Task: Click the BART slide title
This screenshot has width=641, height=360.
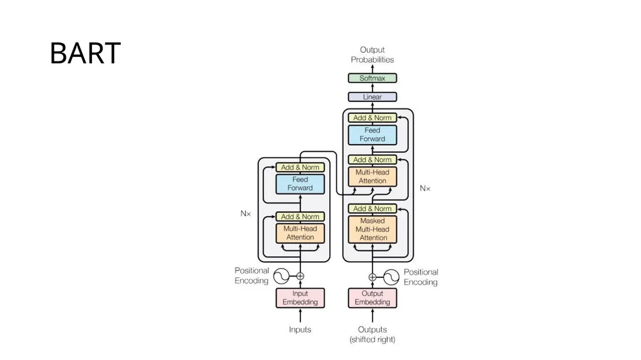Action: click(x=85, y=53)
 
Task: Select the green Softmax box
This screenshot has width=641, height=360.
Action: click(x=372, y=78)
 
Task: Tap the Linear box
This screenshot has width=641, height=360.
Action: click(x=372, y=97)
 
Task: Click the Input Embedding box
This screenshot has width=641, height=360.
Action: click(x=300, y=298)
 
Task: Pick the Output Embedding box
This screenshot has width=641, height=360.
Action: click(x=372, y=298)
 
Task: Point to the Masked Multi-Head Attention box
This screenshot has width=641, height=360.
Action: click(x=372, y=229)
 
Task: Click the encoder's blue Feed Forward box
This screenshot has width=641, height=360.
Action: click(x=300, y=183)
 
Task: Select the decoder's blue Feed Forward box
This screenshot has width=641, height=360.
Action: click(x=372, y=135)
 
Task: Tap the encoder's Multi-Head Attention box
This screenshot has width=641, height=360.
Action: click(x=300, y=233)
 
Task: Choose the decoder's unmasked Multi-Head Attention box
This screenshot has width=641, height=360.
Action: click(x=372, y=177)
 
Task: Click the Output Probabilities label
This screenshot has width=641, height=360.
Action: click(x=372, y=54)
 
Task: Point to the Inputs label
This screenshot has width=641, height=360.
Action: click(x=300, y=329)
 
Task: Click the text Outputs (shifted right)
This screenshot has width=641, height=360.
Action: click(x=372, y=334)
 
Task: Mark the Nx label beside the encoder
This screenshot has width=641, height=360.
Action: click(x=245, y=213)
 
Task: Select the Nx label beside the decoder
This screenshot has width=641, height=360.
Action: click(x=425, y=188)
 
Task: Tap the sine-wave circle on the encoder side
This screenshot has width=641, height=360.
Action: click(x=281, y=276)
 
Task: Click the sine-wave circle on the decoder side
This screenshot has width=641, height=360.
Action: click(x=391, y=277)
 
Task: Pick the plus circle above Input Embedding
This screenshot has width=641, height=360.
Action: click(x=300, y=276)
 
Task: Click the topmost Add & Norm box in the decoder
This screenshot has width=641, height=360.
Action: click(x=372, y=118)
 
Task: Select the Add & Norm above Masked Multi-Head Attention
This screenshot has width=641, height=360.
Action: click(x=372, y=208)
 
